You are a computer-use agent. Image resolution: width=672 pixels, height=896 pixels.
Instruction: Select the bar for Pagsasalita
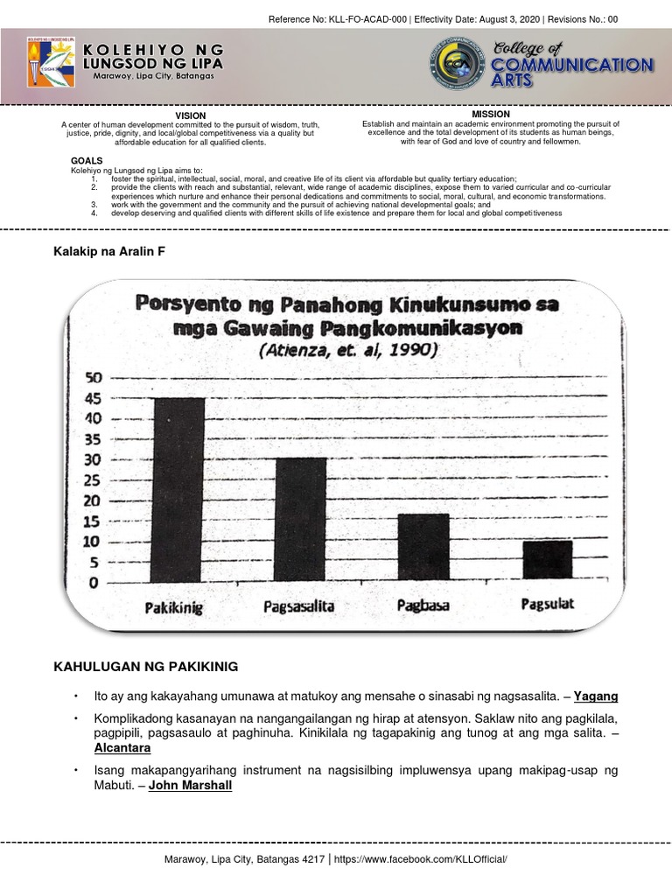click(299, 520)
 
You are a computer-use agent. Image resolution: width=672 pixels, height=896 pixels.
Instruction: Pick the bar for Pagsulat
click(548, 560)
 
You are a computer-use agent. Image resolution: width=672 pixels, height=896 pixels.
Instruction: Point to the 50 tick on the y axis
click(93, 378)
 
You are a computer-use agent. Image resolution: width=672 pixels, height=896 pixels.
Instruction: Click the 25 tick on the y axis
click(93, 479)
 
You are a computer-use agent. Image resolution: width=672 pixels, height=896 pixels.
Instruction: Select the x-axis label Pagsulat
click(548, 604)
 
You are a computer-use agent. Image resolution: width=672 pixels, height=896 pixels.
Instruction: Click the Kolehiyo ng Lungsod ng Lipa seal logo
click(51, 64)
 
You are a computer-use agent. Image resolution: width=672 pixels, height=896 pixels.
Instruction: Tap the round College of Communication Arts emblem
click(463, 62)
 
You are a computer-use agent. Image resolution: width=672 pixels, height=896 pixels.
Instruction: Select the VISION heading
click(191, 115)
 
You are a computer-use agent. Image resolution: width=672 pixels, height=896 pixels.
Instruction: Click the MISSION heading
click(491, 115)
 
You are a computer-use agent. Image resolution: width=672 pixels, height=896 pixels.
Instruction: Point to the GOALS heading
click(87, 161)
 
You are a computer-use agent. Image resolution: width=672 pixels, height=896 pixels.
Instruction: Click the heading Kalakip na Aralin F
click(110, 251)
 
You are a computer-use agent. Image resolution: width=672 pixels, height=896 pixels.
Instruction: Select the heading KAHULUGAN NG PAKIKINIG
click(146, 668)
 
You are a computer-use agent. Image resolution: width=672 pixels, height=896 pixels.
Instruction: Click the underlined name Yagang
click(596, 696)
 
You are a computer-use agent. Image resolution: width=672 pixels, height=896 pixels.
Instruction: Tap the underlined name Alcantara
click(123, 749)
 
